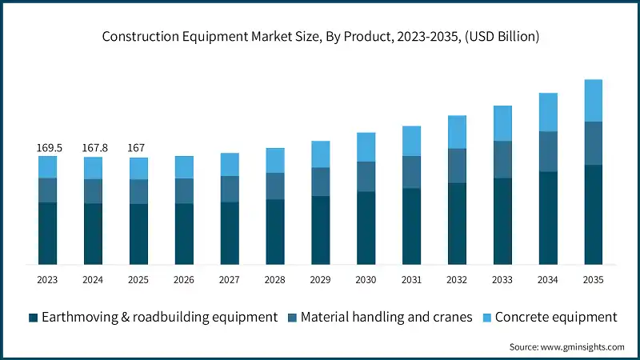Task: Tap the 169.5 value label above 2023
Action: [x=48, y=148]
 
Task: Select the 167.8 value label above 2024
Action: [x=94, y=148]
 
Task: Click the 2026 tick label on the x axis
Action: [x=185, y=279]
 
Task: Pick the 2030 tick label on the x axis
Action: [x=366, y=279]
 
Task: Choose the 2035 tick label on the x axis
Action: [x=593, y=279]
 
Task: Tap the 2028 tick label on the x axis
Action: [x=275, y=279]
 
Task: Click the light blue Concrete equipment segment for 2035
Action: [x=593, y=100]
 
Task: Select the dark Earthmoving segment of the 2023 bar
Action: [x=48, y=233]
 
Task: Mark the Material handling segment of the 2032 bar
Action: [x=457, y=166]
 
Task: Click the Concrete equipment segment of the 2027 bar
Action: [x=230, y=164]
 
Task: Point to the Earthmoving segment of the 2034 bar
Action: [x=548, y=218]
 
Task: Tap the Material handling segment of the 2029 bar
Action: [x=320, y=182]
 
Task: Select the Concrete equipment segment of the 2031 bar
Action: [x=411, y=141]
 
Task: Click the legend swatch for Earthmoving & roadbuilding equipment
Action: [x=33, y=318]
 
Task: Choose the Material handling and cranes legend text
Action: [x=383, y=318]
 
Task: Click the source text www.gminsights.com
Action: [x=566, y=346]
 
